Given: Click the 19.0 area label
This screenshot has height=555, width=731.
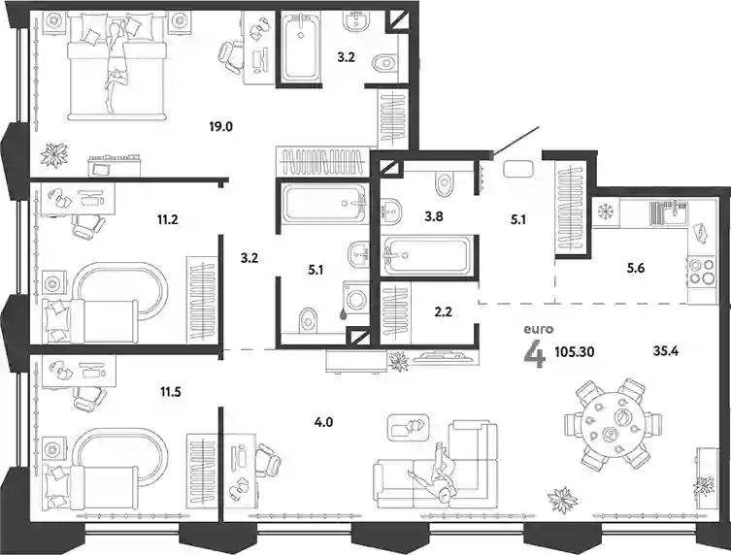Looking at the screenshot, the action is click(221, 126).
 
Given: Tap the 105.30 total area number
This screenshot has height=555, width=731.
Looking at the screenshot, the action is click(575, 352).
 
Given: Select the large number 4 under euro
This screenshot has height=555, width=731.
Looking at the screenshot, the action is click(534, 356).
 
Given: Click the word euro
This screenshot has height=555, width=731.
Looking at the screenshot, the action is click(539, 330).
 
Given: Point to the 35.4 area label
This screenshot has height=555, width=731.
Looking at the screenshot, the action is click(665, 351).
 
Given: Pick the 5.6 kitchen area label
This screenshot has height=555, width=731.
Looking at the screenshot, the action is click(636, 268).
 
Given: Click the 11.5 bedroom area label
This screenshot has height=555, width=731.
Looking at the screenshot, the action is click(170, 392).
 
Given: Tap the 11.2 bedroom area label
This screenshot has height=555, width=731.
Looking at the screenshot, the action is click(168, 218).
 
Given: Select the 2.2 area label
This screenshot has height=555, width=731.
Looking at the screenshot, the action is click(443, 311).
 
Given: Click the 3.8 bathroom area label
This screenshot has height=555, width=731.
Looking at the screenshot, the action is click(434, 216).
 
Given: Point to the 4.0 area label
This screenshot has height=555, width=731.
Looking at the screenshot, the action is click(323, 423).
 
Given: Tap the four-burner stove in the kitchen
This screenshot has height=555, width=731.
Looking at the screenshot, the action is click(702, 272).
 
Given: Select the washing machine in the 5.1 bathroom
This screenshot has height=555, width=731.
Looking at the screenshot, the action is click(356, 297).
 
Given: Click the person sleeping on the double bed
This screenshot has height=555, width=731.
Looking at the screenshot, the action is click(116, 65).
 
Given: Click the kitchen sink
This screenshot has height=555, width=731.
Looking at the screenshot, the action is click(669, 211).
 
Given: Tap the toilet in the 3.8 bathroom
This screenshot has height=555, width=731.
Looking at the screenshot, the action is click(444, 182).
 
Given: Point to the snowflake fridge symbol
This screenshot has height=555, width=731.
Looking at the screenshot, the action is click(607, 212).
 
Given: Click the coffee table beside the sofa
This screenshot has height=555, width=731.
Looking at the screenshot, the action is click(409, 427).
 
